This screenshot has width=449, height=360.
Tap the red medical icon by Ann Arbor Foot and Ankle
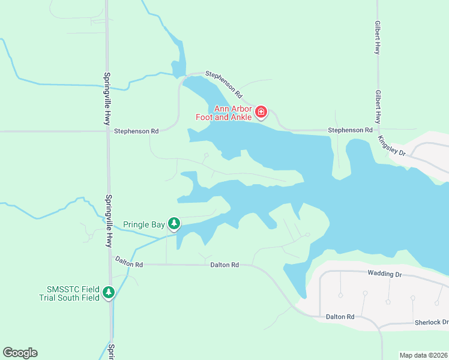point(261,112)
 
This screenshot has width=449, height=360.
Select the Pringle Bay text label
point(144,225)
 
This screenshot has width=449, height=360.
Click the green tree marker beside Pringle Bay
point(174,224)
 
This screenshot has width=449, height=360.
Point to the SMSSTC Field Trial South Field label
point(70,293)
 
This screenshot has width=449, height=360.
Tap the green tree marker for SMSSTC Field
point(109,292)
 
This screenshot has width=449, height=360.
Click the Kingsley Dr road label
point(392,146)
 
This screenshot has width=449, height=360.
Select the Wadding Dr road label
point(384,274)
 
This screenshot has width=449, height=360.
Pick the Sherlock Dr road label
point(432,322)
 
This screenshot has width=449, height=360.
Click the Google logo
point(20,353)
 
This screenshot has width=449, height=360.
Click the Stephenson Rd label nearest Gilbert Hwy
point(350,130)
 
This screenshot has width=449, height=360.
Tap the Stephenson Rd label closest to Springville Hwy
point(136,131)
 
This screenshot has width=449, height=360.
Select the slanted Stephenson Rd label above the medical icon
point(223,84)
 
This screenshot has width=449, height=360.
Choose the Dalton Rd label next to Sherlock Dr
point(340,316)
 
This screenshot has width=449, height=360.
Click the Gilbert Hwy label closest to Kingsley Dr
point(378,106)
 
